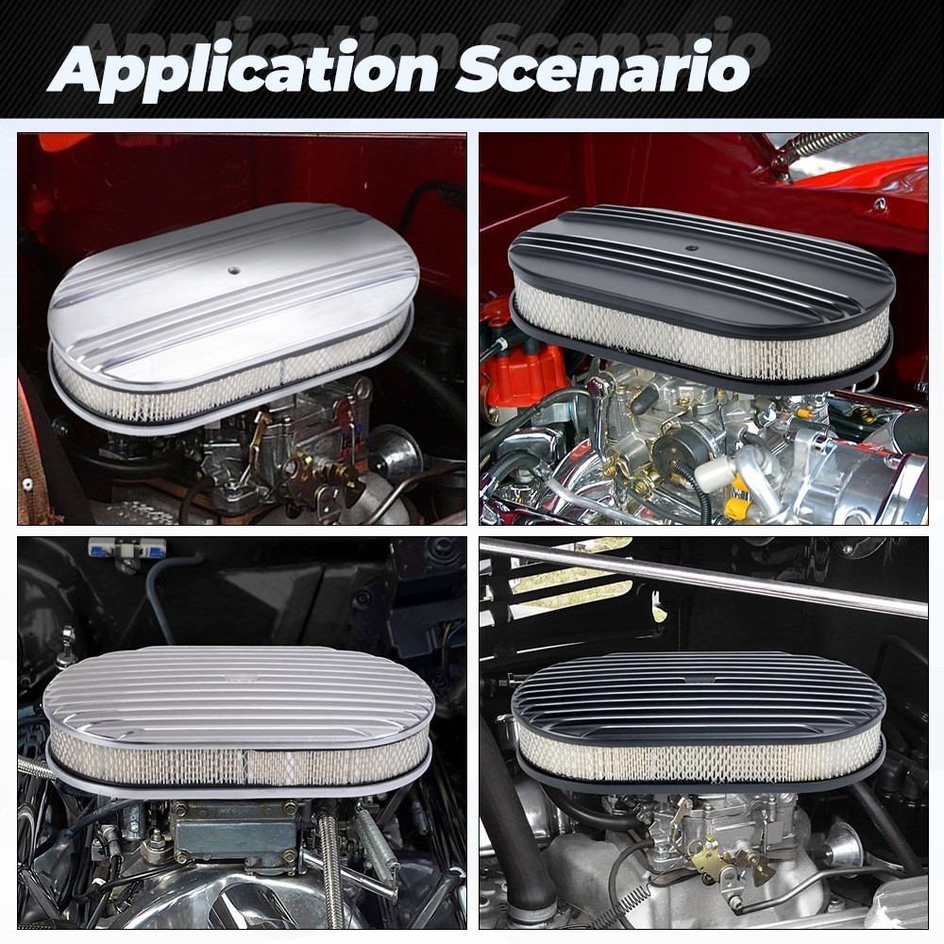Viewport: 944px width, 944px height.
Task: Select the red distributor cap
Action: [523, 369]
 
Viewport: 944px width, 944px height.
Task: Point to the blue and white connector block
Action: [127, 548]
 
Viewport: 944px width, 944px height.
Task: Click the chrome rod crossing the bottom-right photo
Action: [703, 577]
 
